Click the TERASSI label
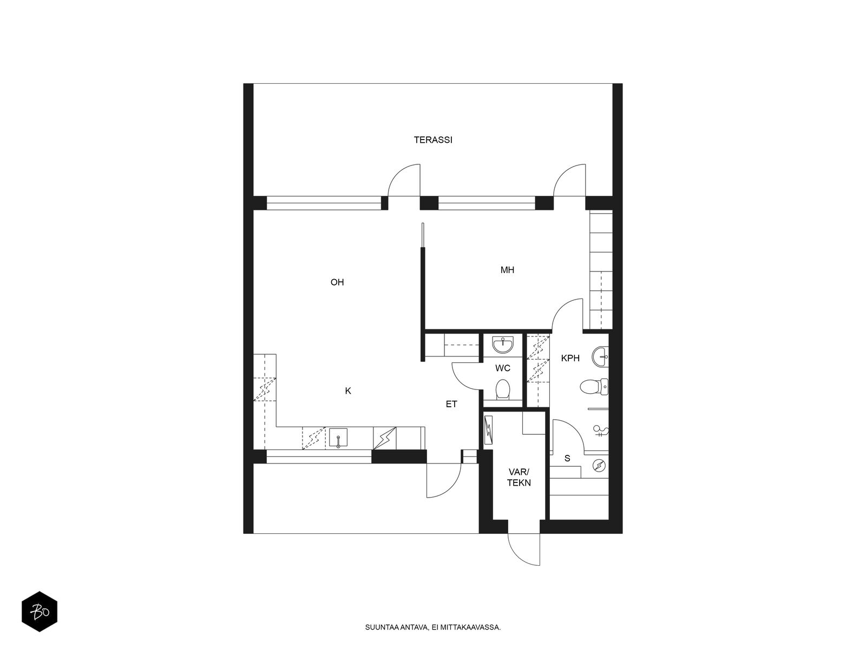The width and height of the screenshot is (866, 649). [433, 140]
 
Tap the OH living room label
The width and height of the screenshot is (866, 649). [337, 282]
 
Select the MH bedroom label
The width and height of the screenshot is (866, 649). [507, 270]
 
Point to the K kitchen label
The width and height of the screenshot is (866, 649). [347, 390]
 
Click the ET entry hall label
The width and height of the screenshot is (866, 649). [451, 404]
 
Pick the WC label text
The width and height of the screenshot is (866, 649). [503, 368]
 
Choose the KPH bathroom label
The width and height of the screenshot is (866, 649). [570, 358]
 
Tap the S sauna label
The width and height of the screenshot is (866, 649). [567, 458]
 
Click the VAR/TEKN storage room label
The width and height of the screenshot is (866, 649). [519, 477]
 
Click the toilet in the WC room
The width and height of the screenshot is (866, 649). [502, 388]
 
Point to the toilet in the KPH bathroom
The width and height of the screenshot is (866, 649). [594, 387]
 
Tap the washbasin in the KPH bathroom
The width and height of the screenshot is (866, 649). [600, 356]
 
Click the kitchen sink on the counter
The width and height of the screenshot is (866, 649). [338, 438]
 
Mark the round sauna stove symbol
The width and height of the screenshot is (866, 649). [599, 466]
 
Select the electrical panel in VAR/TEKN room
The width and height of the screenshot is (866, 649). [488, 431]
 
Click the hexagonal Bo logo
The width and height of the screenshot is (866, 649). [40, 612]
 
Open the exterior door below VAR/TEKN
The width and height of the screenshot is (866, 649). [524, 549]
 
